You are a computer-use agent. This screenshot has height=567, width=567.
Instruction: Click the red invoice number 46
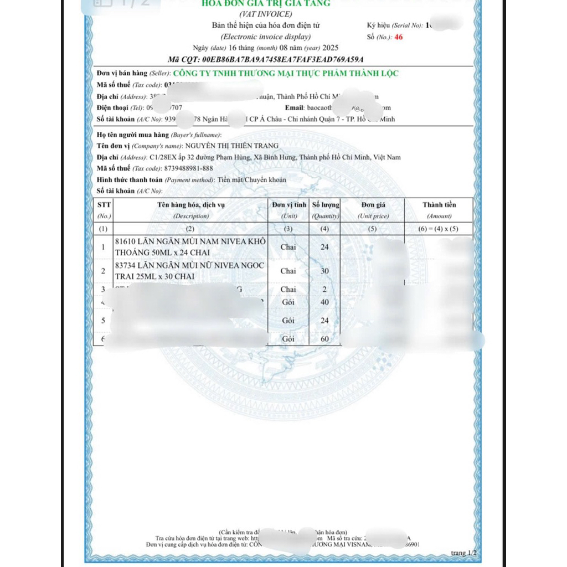point(399,37)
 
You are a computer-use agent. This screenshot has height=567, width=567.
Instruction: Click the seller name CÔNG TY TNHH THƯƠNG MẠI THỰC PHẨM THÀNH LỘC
point(286,74)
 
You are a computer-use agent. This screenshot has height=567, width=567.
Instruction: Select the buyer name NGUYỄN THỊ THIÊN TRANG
point(231,146)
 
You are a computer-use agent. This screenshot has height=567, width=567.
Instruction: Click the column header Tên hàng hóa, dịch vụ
point(191,205)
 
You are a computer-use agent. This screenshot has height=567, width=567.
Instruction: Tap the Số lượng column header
point(325,205)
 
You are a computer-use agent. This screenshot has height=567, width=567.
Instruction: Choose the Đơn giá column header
point(373,205)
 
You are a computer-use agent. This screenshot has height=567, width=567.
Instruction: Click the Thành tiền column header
point(439,205)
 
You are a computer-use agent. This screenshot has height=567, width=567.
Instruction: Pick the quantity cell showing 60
point(324,338)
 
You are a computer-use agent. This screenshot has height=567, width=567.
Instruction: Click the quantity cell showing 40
point(324,302)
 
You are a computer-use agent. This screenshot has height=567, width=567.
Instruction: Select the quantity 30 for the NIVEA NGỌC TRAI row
point(324,271)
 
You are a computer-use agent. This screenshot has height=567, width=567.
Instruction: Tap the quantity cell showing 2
point(324,290)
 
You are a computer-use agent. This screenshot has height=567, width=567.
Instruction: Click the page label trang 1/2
point(463,553)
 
